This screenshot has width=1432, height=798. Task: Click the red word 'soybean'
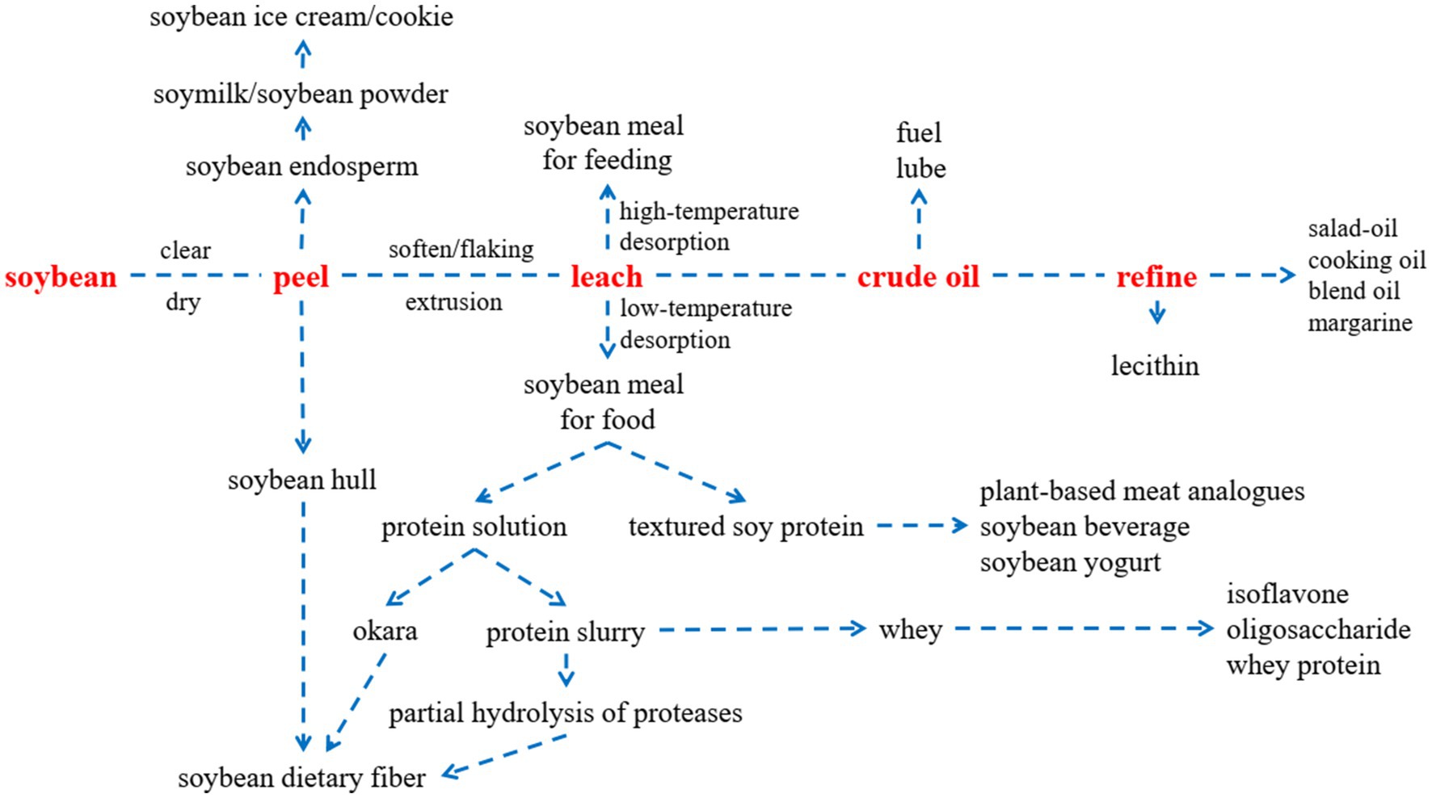[x=61, y=277]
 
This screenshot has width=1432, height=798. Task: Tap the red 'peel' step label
[x=301, y=278]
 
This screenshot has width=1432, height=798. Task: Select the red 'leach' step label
[x=606, y=277]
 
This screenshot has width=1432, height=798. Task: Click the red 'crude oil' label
[x=918, y=277]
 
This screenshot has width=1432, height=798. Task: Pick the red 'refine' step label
[x=1156, y=277]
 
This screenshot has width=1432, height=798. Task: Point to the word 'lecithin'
[x=1155, y=366]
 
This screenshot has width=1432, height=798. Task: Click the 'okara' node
[x=385, y=631]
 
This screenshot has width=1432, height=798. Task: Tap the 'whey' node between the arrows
[x=911, y=629]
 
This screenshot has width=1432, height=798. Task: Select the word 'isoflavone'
[x=1287, y=594]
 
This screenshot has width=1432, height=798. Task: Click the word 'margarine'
[x=1360, y=323]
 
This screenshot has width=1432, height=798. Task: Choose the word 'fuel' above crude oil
[x=919, y=132]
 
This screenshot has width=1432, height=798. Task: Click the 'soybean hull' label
[x=302, y=481]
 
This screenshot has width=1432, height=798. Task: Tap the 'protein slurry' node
[x=565, y=632]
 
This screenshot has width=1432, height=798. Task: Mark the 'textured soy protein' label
[x=746, y=527]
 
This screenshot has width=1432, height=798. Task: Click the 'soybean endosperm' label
[x=302, y=167]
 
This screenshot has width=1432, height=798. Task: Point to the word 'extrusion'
[x=453, y=302]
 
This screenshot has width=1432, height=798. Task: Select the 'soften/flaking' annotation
[x=461, y=249]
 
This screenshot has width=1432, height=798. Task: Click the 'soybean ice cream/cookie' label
[x=301, y=17]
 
